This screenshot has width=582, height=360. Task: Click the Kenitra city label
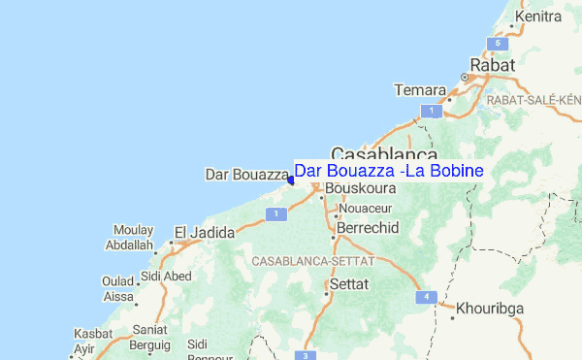point(540,16)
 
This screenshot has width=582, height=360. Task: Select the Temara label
point(419,90)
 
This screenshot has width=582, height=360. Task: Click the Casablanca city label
point(383,154)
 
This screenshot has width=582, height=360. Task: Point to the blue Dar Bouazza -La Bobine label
point(388,171)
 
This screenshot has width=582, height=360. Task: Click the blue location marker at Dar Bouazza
point(291,179)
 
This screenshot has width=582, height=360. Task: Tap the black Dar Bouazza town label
point(246,175)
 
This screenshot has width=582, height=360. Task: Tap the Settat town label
point(350,285)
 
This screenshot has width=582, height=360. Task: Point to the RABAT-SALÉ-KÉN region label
point(533,99)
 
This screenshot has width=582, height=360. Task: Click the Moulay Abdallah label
point(134,238)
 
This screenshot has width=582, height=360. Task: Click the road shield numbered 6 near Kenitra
point(497,44)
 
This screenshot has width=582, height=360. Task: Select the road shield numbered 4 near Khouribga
point(425,296)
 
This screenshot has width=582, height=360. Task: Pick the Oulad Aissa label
point(118,288)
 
